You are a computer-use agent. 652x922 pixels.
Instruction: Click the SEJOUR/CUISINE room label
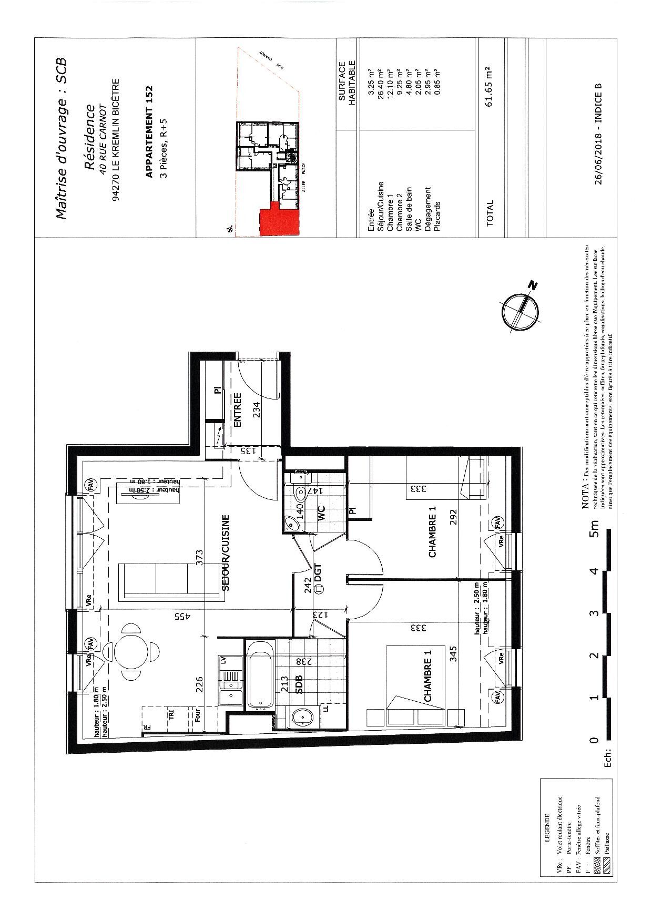(x=226, y=553)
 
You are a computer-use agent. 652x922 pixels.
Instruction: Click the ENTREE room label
(x=237, y=410)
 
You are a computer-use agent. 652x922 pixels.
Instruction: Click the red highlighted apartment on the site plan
(x=279, y=218)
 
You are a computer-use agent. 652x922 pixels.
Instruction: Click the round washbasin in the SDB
(x=302, y=717)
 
